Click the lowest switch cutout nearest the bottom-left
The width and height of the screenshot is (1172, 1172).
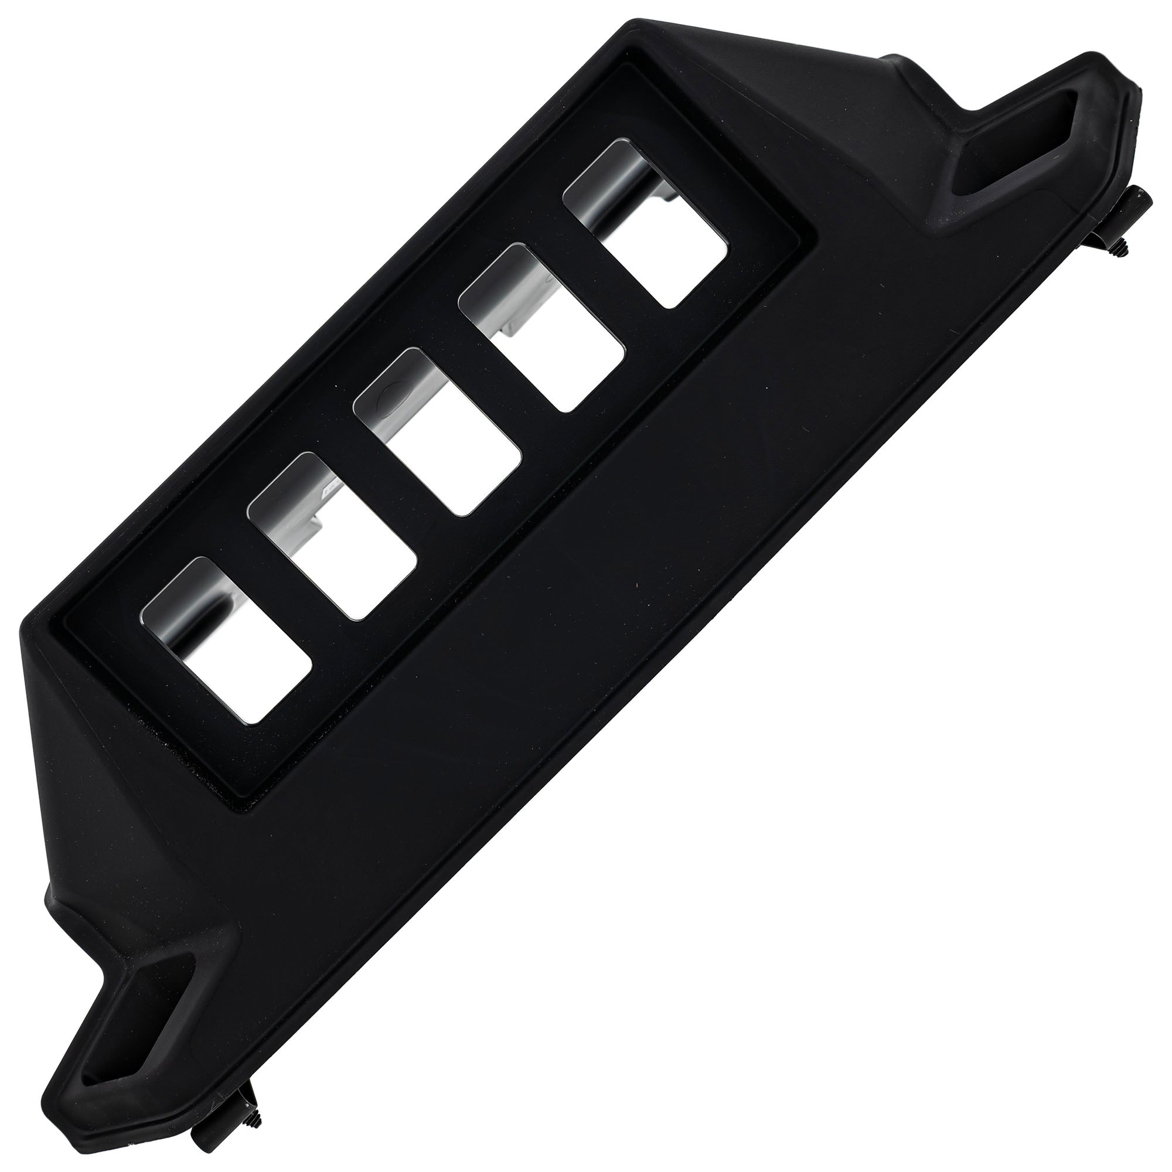tap(227, 640)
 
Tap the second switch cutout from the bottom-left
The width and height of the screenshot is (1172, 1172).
tap(332, 536)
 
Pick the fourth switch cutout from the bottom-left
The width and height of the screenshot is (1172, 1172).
tap(541, 328)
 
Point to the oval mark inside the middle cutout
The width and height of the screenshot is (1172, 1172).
tap(383, 398)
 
